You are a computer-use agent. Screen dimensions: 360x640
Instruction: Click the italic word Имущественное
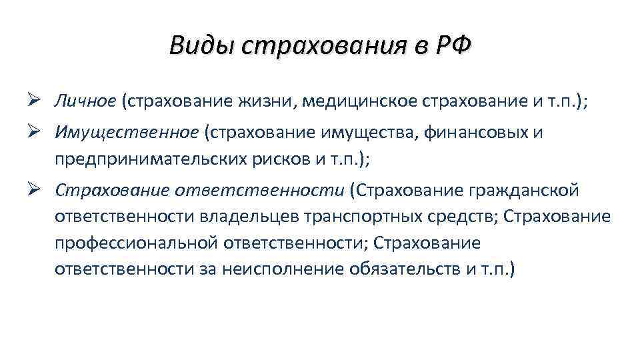(x=127, y=133)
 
